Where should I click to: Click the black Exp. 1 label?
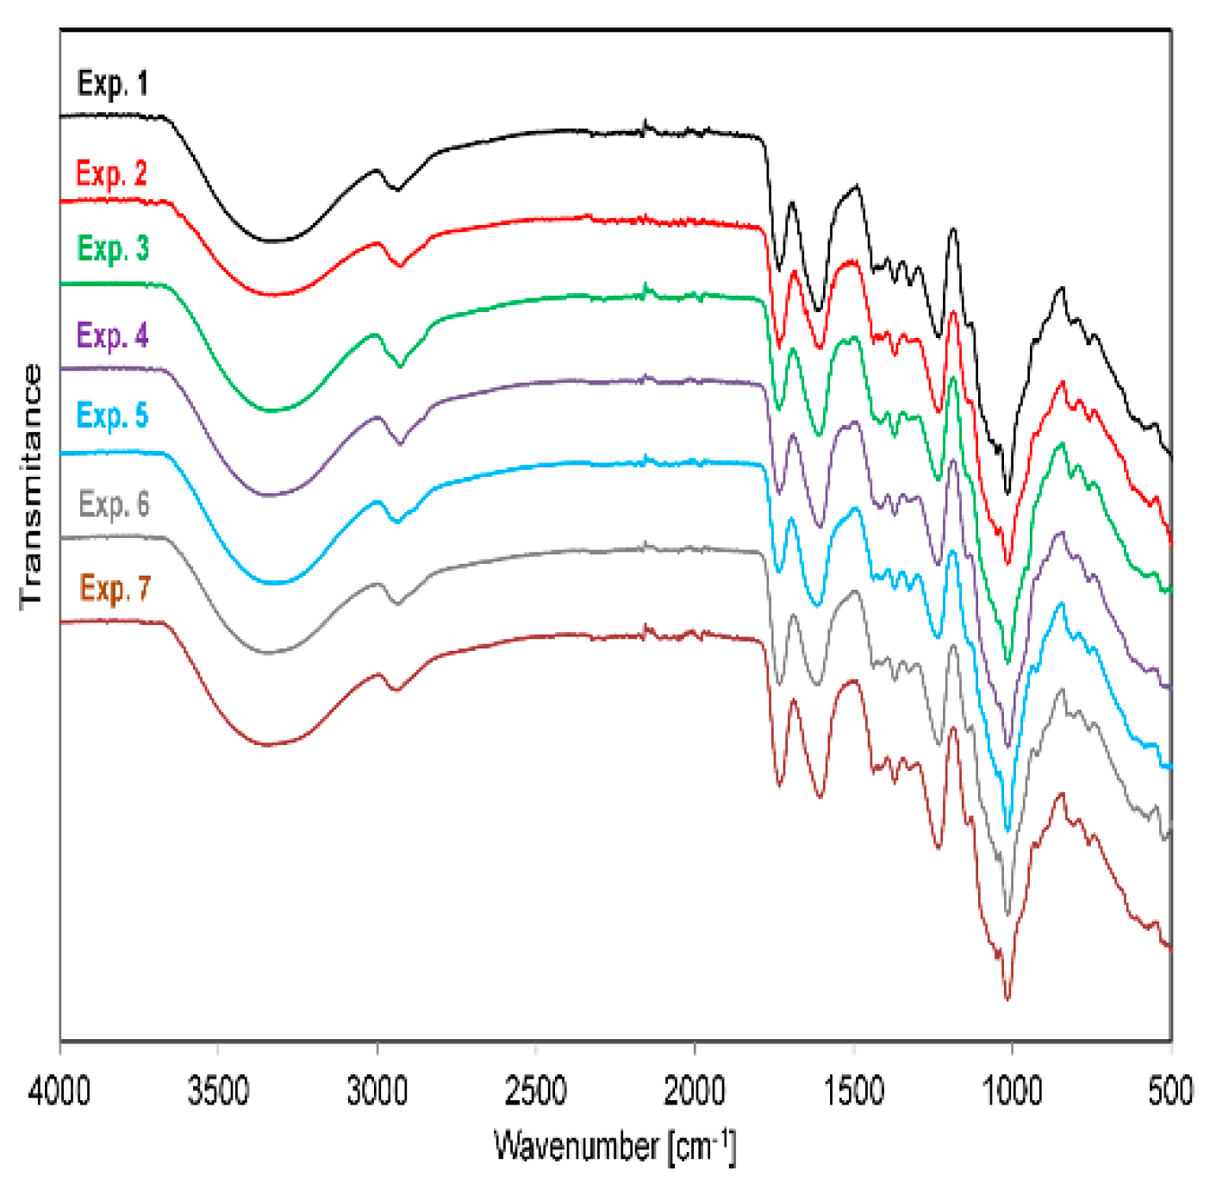(x=112, y=84)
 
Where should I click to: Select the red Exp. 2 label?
(x=111, y=173)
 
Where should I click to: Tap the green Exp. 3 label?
(x=113, y=248)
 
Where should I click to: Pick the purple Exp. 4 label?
(x=112, y=335)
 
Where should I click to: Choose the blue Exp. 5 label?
(x=112, y=416)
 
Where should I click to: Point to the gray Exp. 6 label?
(x=114, y=504)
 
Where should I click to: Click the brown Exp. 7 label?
(x=115, y=589)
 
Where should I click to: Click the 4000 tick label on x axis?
(x=59, y=1092)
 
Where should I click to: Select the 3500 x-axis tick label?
(x=218, y=1092)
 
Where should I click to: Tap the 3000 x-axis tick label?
(x=377, y=1092)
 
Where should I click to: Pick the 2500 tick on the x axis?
(x=535, y=1092)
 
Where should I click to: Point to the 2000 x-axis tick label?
(x=695, y=1092)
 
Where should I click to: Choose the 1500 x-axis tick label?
(x=853, y=1092)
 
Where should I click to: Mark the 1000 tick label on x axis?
(x=1012, y=1092)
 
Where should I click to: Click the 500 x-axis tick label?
(x=1170, y=1092)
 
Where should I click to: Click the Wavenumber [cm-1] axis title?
(x=614, y=1148)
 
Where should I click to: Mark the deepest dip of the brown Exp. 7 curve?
(x=1007, y=998)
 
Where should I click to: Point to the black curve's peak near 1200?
(x=952, y=229)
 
